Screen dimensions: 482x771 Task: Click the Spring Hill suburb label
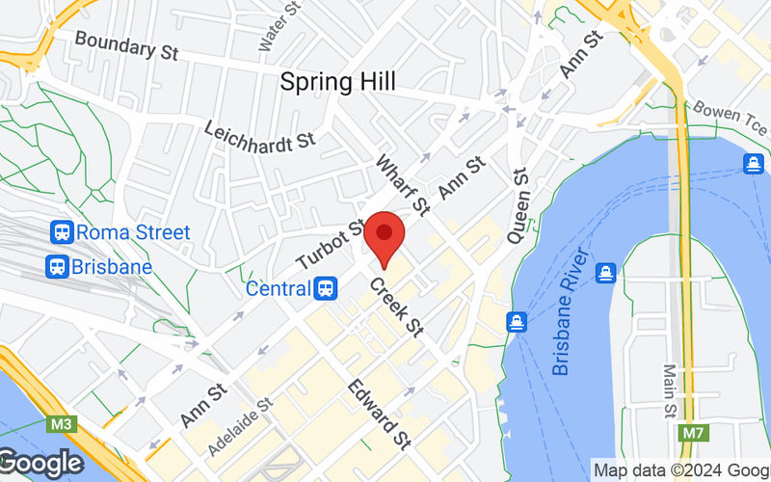pos(337,82)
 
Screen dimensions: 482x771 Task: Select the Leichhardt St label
pos(260,135)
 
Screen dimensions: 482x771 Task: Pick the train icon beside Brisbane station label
pos(56,266)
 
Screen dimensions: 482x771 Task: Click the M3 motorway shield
pos(60,424)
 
